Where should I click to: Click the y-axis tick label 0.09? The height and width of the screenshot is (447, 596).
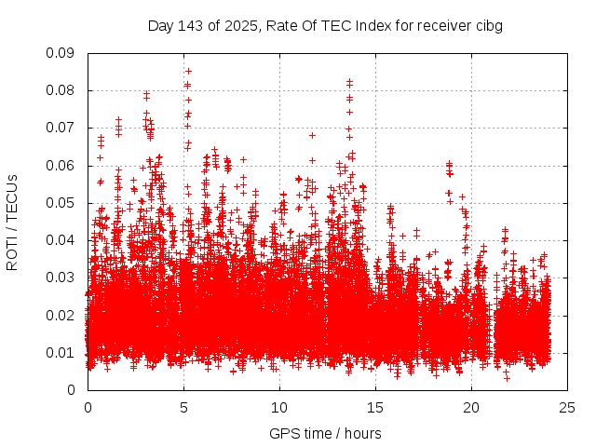[61, 53]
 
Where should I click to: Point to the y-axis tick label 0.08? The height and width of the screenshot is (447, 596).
[61, 90]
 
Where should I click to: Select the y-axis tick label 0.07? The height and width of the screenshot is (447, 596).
[61, 128]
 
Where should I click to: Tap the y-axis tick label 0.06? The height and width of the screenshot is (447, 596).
[61, 165]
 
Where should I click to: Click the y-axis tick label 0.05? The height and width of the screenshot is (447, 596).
[61, 202]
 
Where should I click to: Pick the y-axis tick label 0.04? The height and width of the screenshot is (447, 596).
[61, 240]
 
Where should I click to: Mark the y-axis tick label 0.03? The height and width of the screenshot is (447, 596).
[61, 278]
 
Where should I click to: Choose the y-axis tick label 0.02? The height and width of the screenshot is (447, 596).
[61, 315]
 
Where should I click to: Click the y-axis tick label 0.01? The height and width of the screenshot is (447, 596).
[61, 352]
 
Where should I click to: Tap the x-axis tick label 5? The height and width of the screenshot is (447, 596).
[183, 407]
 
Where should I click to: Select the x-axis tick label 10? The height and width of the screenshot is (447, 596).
[279, 407]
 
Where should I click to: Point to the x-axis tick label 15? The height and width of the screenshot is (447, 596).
[375, 407]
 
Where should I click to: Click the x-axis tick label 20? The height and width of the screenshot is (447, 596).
[471, 407]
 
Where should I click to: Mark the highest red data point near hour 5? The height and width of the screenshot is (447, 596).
[188, 71]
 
